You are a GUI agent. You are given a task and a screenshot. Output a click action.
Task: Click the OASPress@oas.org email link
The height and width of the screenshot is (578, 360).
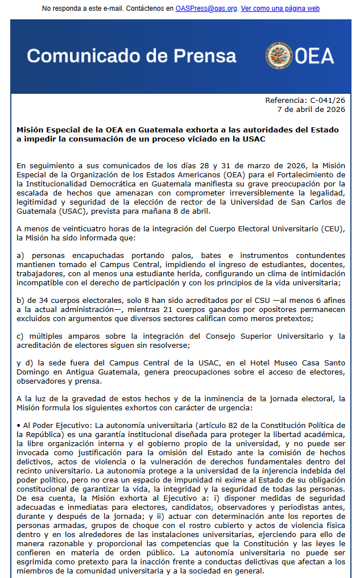[206, 9]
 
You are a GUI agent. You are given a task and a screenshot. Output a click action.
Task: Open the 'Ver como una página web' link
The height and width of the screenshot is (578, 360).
[280, 9]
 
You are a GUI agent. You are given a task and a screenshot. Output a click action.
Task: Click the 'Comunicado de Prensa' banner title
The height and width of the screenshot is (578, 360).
[131, 56]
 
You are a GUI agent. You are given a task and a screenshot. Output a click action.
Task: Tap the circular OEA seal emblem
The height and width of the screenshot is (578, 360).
[279, 56]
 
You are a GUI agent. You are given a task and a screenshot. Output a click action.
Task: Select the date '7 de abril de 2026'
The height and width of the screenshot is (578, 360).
[311, 109]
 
